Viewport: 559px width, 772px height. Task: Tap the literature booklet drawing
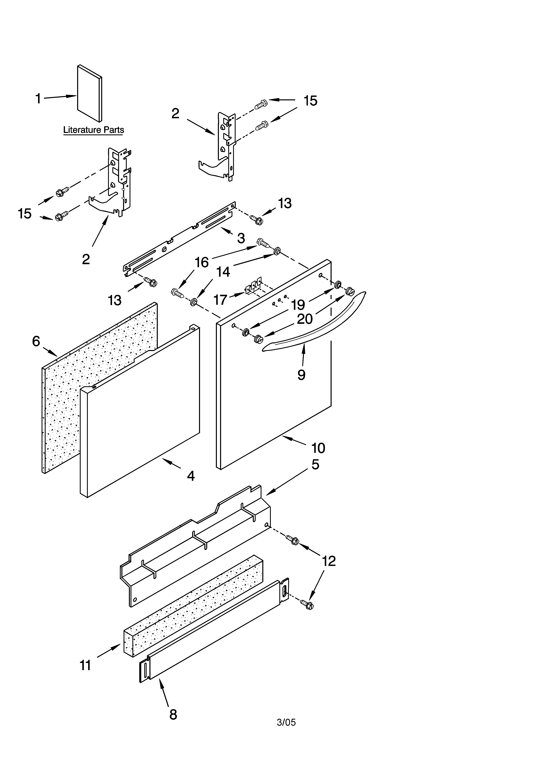[x=89, y=94]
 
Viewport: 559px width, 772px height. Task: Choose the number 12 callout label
[x=329, y=561]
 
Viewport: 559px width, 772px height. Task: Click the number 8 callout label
[x=173, y=714]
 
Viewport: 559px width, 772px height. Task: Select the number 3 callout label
[x=241, y=238]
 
